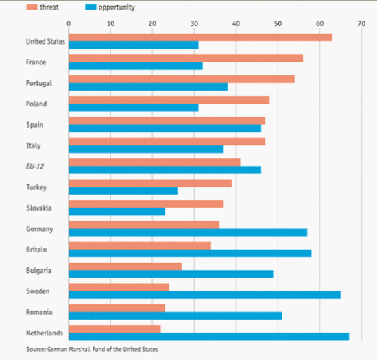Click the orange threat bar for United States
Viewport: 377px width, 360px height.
coord(201,38)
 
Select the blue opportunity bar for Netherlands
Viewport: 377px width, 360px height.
coord(208,337)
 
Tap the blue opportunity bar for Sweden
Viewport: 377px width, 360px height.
coord(205,295)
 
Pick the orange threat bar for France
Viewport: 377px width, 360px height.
coord(186,58)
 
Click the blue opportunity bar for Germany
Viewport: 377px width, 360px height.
coord(188,232)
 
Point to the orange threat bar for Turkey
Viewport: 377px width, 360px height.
coord(150,183)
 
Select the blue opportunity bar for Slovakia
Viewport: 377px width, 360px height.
coord(117,212)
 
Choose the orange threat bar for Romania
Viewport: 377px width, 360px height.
coord(117,308)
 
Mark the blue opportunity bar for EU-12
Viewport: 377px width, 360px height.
coord(165,170)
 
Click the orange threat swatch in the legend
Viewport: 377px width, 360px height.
coord(32,7)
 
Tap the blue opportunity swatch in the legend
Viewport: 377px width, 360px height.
coord(90,7)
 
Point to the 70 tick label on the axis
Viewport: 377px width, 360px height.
coord(361,23)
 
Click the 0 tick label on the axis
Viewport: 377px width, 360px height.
coord(69,23)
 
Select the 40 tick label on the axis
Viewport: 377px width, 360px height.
coord(236,23)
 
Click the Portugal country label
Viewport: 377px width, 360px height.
coord(39,83)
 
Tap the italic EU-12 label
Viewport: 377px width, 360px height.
coord(35,167)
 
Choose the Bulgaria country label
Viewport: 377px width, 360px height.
coord(38,271)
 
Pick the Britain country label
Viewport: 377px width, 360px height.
coord(36,250)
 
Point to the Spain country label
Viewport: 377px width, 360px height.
coord(35,125)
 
